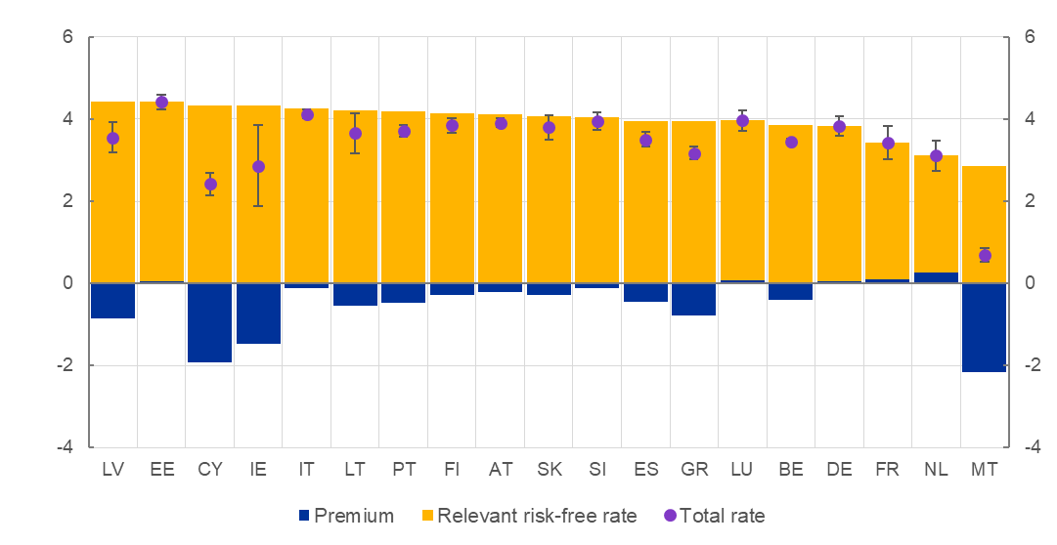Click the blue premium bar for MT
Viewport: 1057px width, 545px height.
pos(984,327)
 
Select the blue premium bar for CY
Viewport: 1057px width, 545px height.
pos(209,322)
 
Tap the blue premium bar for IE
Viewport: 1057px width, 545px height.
pos(258,313)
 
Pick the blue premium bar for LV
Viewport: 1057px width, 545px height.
pos(112,300)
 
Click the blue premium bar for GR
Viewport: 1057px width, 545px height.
pos(694,299)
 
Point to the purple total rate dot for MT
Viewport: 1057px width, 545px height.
pos(985,256)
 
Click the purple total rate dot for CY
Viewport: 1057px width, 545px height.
pos(210,184)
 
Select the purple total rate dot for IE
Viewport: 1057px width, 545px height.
pos(258,167)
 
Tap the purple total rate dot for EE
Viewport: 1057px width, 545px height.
pos(161,102)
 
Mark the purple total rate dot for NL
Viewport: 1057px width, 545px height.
pos(936,155)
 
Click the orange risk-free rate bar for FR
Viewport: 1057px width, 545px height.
pos(888,225)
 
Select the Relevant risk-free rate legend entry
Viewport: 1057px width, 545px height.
pos(528,516)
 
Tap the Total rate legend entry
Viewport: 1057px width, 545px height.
pos(714,516)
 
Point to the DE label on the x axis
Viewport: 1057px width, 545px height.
pos(839,470)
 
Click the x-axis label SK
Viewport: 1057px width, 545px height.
pos(549,470)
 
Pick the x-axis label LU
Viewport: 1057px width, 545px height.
pos(742,470)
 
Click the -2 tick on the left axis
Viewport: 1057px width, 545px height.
pos(66,365)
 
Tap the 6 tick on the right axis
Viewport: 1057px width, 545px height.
pos(1029,37)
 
